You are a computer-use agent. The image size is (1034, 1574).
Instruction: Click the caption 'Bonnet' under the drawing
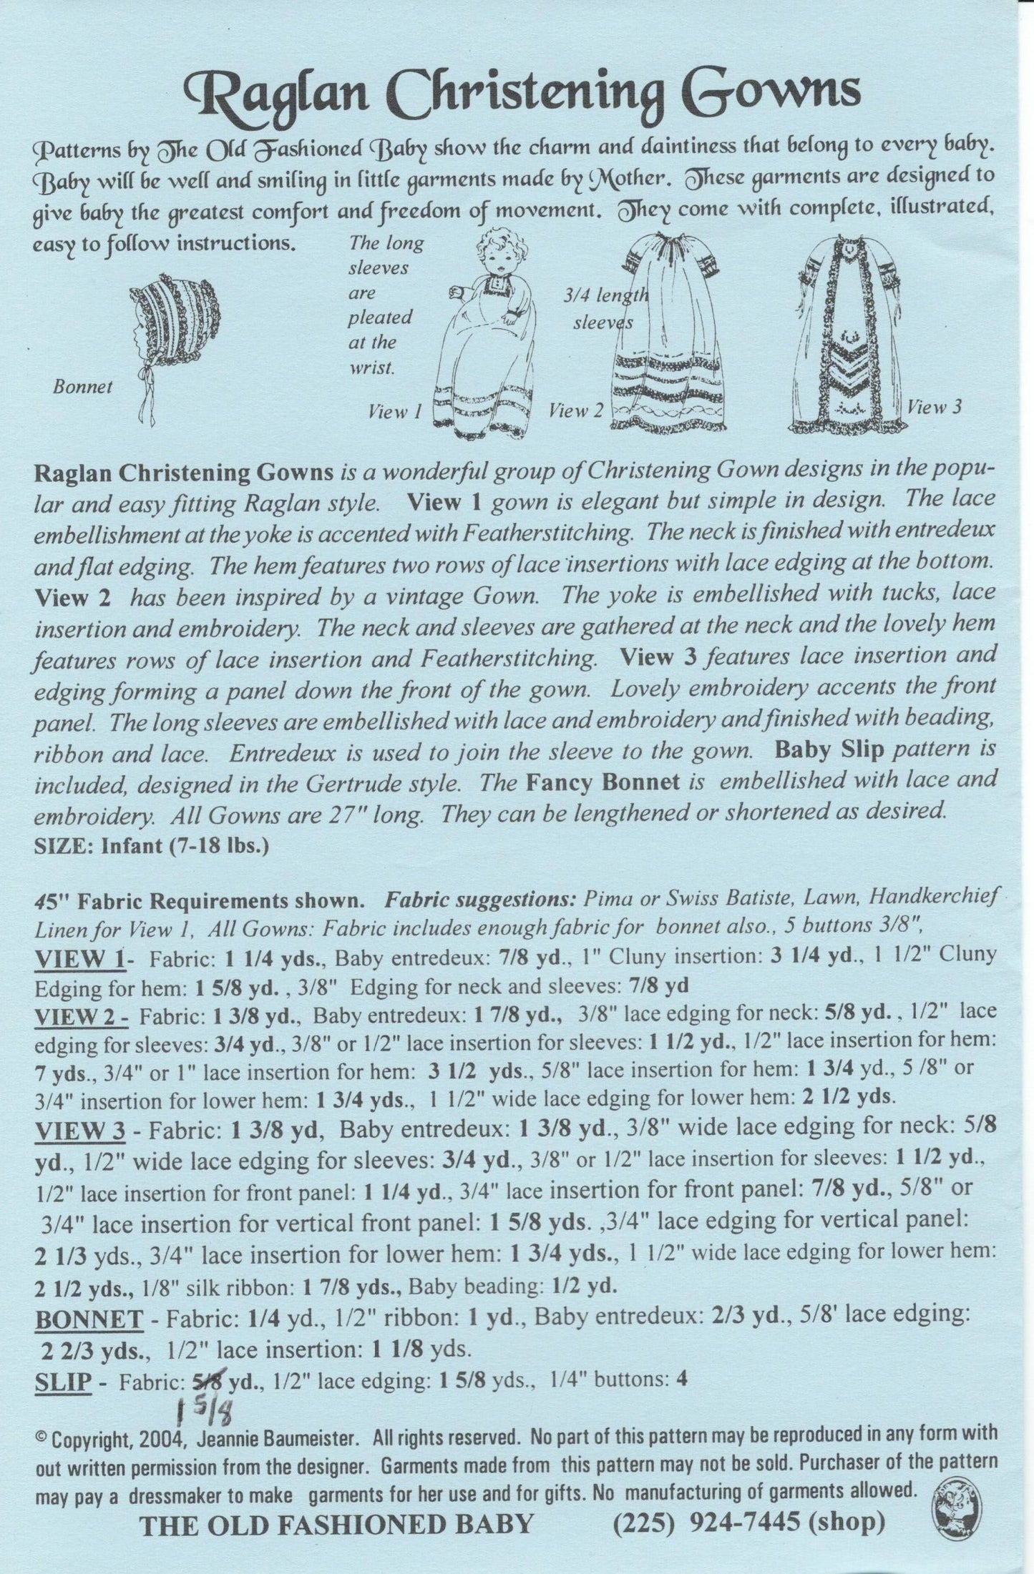coord(82,387)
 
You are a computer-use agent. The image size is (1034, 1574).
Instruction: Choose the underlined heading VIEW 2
coord(80,1016)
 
